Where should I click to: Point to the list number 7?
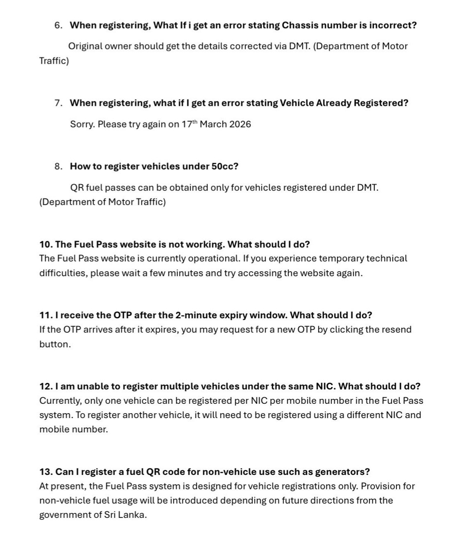point(58,103)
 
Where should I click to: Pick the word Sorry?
point(82,124)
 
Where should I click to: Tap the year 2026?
point(240,124)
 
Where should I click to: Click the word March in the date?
point(213,124)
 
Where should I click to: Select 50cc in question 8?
point(224,166)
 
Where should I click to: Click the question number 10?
point(46,245)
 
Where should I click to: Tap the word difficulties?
point(63,273)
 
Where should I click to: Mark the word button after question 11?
point(54,344)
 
